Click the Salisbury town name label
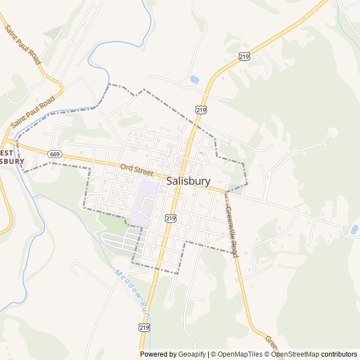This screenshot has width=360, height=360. pos(188,181)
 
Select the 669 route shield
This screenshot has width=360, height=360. pos(55,154)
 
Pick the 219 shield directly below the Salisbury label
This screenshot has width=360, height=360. pos(171,218)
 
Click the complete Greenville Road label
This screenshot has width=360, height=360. pos(232,232)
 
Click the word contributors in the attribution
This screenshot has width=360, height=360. pos(339,354)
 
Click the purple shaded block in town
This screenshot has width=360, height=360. pos(145,200)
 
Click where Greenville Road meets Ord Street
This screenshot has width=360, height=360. pos(226,192)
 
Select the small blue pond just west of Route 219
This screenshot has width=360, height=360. pos(194,80)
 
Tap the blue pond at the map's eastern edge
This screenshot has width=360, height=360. pos(354,229)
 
